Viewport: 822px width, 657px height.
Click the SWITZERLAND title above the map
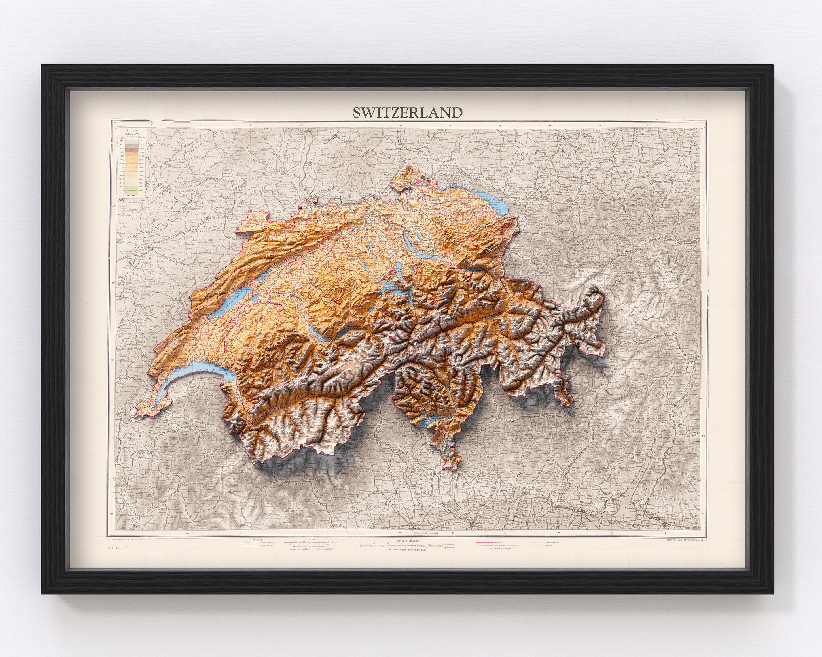tap(407, 113)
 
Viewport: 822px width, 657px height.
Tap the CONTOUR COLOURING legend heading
tap(132, 132)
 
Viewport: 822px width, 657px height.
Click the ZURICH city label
tap(410, 231)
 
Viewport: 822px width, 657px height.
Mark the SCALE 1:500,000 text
tap(407, 541)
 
